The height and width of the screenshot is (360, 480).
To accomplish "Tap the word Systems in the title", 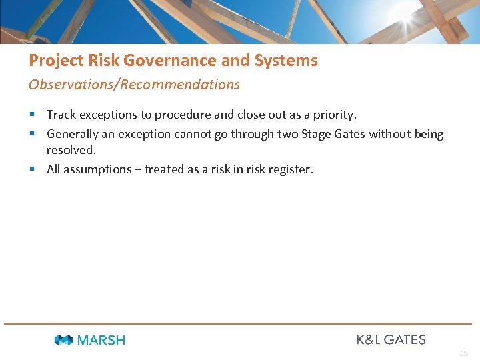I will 286,61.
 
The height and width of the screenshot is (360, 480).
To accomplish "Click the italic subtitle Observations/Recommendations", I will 134,85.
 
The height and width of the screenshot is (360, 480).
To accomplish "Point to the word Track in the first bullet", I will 61,115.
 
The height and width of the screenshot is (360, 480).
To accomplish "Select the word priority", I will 333,115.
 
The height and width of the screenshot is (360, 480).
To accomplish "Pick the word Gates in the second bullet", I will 351,134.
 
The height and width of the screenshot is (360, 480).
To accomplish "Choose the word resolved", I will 71,150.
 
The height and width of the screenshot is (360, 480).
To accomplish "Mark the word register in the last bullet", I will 289,169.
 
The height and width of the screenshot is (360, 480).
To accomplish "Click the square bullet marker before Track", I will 32,115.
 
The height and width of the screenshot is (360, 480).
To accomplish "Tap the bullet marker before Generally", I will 32,134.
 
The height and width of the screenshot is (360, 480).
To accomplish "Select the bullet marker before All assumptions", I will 32,169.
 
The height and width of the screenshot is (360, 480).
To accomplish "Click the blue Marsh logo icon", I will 63,340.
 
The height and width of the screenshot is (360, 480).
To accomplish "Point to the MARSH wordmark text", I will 101,340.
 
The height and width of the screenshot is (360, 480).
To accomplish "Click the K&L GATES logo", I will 391,339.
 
